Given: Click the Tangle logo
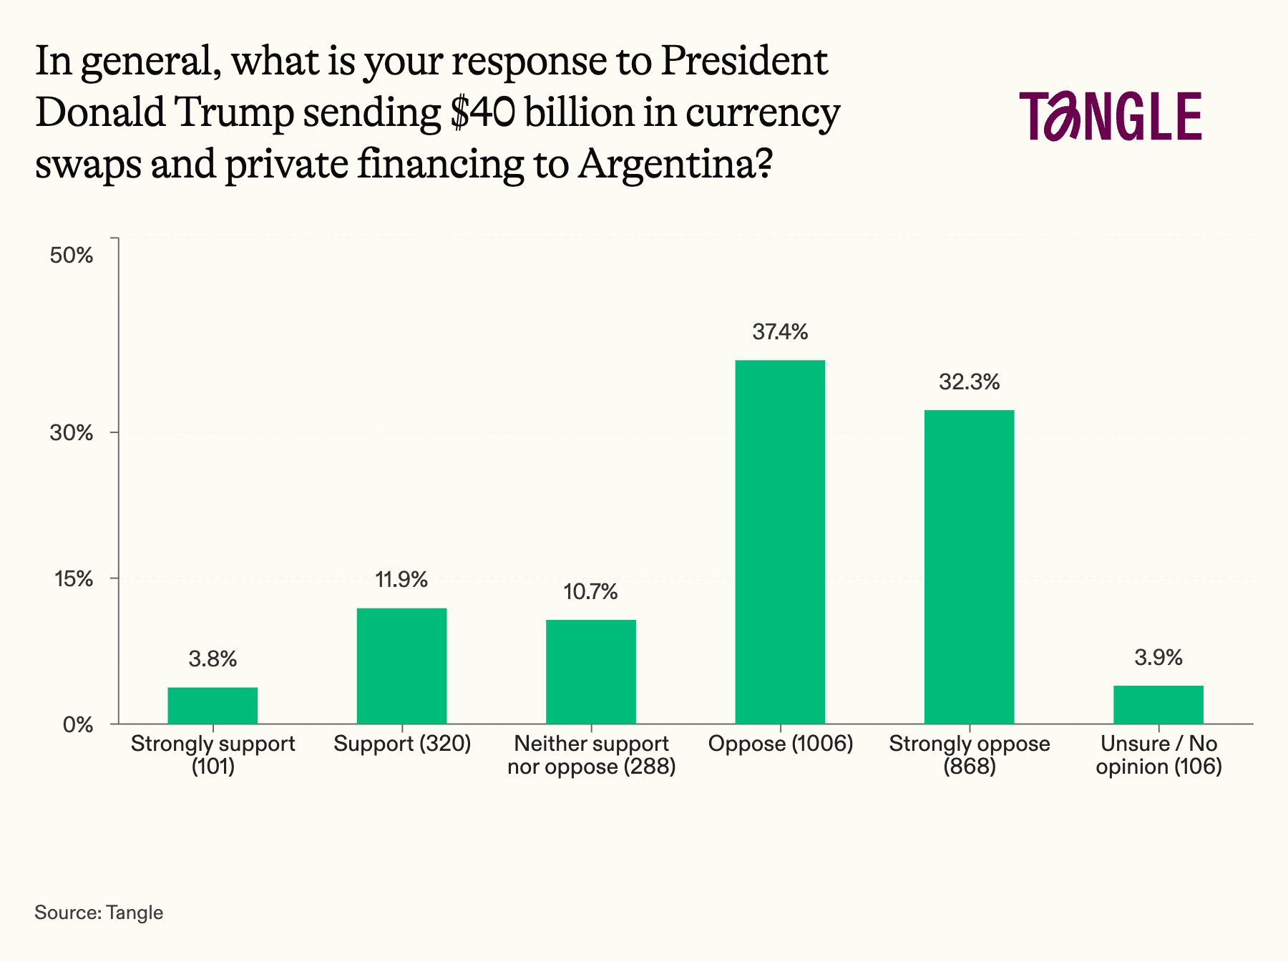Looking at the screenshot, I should click(1111, 116).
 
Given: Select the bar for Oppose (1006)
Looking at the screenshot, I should click(780, 542).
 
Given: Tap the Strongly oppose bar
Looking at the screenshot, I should click(969, 567).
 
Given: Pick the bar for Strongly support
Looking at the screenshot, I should click(213, 706).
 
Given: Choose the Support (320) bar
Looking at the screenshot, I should click(401, 666).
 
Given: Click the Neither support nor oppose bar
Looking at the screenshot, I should click(590, 671).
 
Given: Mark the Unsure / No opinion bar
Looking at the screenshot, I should click(1158, 705).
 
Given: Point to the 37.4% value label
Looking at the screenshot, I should click(780, 332).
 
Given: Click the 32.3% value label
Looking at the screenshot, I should click(969, 382).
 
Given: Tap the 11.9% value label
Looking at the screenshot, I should click(401, 580).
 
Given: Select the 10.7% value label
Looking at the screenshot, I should click(590, 592).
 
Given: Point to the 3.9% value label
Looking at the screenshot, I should click(1158, 658).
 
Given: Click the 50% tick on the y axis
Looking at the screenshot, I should click(72, 256).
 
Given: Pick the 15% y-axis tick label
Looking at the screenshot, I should click(74, 579).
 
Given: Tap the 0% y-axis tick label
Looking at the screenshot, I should click(78, 725).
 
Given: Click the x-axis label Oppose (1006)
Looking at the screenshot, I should click(780, 744).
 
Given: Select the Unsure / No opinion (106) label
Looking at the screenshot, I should click(1158, 756).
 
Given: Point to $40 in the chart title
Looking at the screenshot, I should click(482, 113).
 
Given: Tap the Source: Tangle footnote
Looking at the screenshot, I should click(99, 913).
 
